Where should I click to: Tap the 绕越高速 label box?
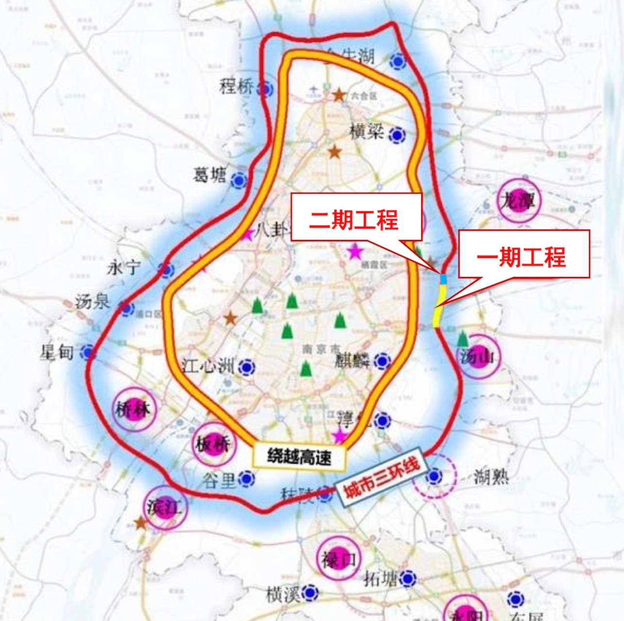pos(299,457)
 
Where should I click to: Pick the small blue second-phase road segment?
pos(443,279)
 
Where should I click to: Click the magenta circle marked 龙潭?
pos(519,201)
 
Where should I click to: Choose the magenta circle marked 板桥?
pos(214,444)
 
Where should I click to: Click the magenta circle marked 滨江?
pos(166,507)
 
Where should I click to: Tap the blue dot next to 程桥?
pos(266,89)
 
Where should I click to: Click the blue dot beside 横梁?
pos(397,135)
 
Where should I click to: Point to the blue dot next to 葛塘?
pos(238,180)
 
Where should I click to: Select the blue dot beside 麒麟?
pos(382,361)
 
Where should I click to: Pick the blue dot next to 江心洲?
pos(247,367)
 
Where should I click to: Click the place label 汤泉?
pos(93,302)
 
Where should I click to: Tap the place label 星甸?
pos(57,352)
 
